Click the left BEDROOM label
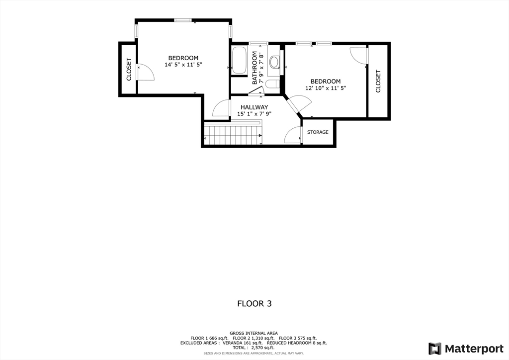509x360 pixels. (x=183, y=58)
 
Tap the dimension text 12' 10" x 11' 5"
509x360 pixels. (x=325, y=88)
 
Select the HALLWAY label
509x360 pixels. (x=254, y=107)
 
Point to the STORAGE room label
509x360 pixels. (x=318, y=132)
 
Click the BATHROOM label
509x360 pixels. (x=254, y=68)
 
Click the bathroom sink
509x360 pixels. (x=274, y=62)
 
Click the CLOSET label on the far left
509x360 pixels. (x=129, y=69)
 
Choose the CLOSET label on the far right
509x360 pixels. (x=378, y=81)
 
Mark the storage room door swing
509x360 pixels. (x=293, y=135)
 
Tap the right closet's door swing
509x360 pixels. (x=358, y=55)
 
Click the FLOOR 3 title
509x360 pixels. (x=254, y=303)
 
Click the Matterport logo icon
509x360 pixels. (x=434, y=348)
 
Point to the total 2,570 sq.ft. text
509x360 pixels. (x=254, y=348)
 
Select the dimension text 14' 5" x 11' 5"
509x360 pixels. (x=183, y=65)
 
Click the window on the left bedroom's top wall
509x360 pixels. (x=183, y=20)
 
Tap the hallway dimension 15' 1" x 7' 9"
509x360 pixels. (x=254, y=114)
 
